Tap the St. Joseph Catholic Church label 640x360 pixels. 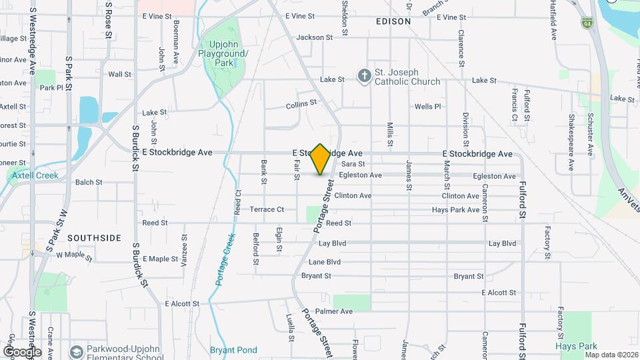pos(407,77)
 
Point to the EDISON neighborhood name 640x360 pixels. pos(393,21)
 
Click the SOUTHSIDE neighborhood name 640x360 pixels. pos(94,238)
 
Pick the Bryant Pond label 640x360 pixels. pos(233,350)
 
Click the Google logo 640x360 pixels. pos(22,351)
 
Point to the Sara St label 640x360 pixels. pos(353,164)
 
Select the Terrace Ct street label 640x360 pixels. pos(267,209)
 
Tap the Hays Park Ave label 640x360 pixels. pos(455,209)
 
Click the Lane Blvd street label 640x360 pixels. pos(325,262)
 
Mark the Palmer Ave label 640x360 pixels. pos(334,311)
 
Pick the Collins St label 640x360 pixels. pos(301,105)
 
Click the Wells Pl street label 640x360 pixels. pos(428,107)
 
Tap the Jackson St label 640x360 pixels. pos(314,37)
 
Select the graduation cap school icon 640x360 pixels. pos(78,351)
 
